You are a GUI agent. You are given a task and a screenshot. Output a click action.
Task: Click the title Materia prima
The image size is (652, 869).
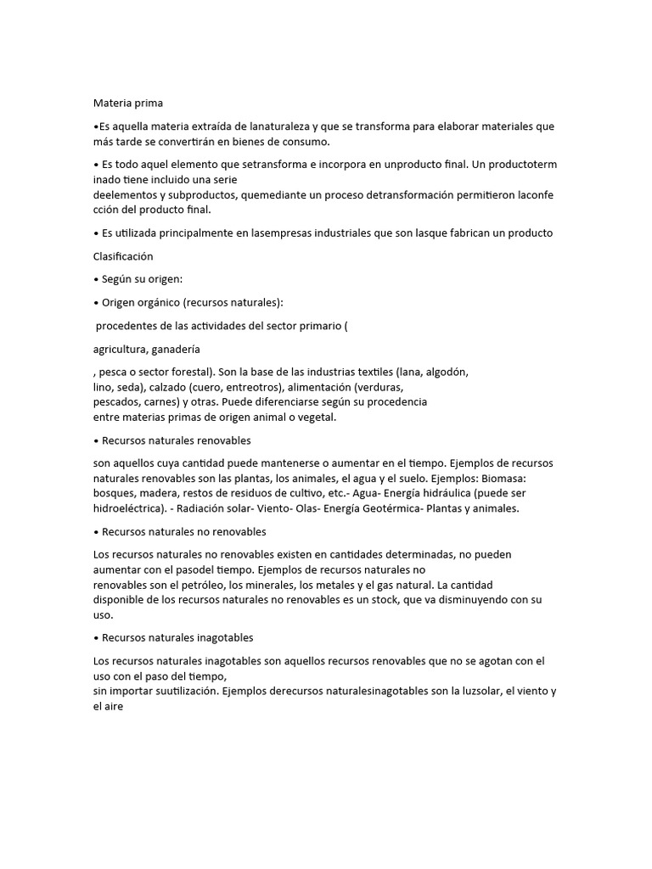tap(121, 104)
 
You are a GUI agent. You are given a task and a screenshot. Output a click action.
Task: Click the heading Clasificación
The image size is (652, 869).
tap(123, 255)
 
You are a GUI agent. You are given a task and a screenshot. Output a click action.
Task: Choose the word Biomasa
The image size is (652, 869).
tap(527, 478)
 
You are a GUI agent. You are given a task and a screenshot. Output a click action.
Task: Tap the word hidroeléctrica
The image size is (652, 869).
tap(130, 508)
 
